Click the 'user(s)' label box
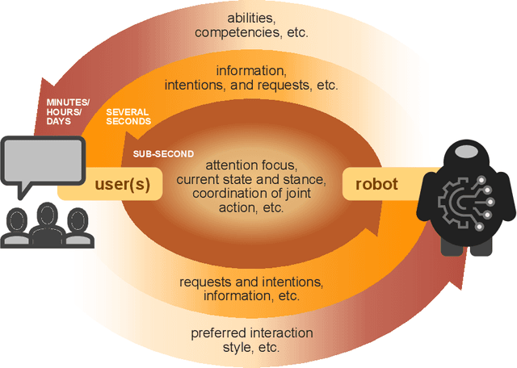122,183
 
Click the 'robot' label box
376,183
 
